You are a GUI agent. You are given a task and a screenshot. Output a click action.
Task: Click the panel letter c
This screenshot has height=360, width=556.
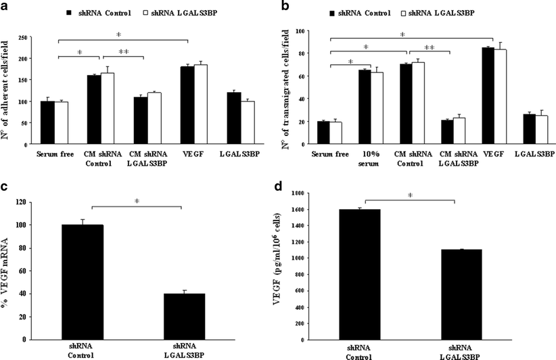click(x=5, y=187)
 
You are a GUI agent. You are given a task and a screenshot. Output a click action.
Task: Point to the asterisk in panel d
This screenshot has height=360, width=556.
click(x=410, y=196)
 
